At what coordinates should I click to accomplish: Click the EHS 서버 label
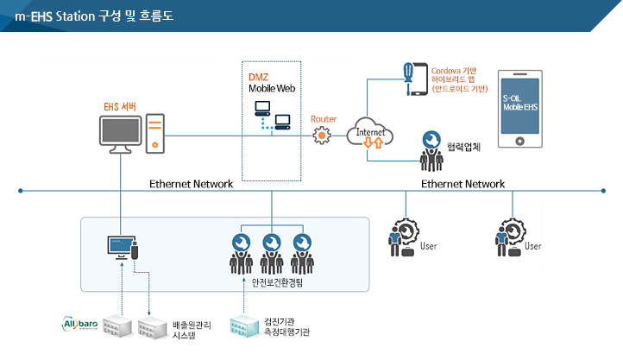point(118,107)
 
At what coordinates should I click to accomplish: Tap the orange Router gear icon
point(323,135)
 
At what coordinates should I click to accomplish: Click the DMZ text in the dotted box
point(258,77)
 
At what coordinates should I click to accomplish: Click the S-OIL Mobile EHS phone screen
point(520,106)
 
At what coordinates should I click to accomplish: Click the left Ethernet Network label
point(192,184)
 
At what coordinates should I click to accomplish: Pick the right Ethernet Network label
point(463,184)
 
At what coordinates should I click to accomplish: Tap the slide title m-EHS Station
point(94,16)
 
